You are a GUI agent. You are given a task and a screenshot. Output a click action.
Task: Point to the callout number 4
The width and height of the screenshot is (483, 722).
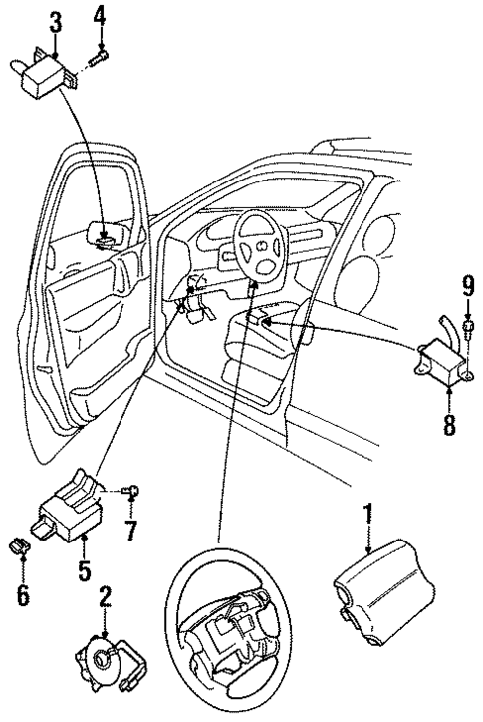[99, 15]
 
